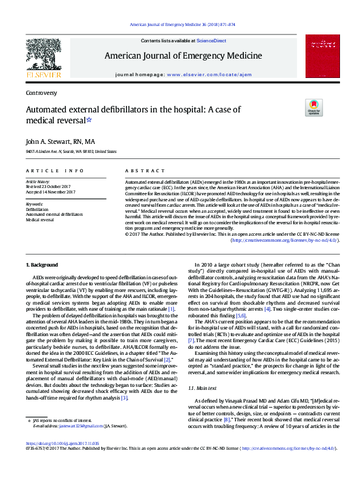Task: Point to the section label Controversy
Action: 41,93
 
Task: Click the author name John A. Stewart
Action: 51,141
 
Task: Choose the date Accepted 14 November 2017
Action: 50,192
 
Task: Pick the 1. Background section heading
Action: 42,265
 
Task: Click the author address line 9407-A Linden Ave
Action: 71,152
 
